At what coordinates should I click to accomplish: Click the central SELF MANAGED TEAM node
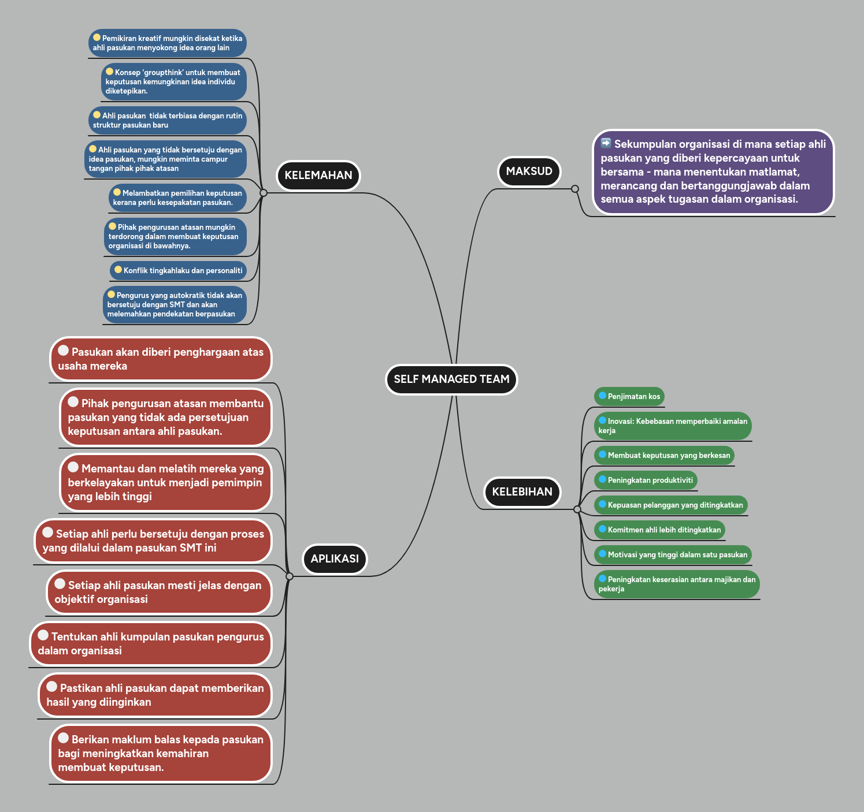(x=451, y=379)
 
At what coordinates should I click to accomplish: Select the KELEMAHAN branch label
(x=318, y=176)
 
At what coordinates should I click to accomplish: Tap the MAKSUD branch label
(x=529, y=172)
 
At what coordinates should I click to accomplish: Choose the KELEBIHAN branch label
(x=522, y=492)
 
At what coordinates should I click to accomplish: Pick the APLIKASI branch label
(x=335, y=559)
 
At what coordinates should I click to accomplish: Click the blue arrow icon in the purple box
(x=606, y=143)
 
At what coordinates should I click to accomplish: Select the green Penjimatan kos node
(x=629, y=397)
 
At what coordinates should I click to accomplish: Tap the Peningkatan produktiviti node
(x=646, y=481)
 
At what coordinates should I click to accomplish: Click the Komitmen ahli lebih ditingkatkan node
(x=659, y=530)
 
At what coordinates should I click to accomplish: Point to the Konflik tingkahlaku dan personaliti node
(x=178, y=271)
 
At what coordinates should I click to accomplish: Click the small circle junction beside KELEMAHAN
(x=264, y=193)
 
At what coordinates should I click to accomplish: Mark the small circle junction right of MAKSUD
(x=574, y=189)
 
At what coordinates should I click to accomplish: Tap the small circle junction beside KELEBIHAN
(x=577, y=509)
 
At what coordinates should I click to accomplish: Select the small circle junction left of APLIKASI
(x=290, y=576)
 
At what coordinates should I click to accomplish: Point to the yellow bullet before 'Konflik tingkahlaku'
(x=118, y=270)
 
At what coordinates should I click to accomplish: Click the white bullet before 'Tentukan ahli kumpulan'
(x=43, y=635)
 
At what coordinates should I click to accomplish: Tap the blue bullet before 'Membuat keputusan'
(x=602, y=455)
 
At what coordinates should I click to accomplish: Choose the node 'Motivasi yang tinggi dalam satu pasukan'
(x=673, y=555)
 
